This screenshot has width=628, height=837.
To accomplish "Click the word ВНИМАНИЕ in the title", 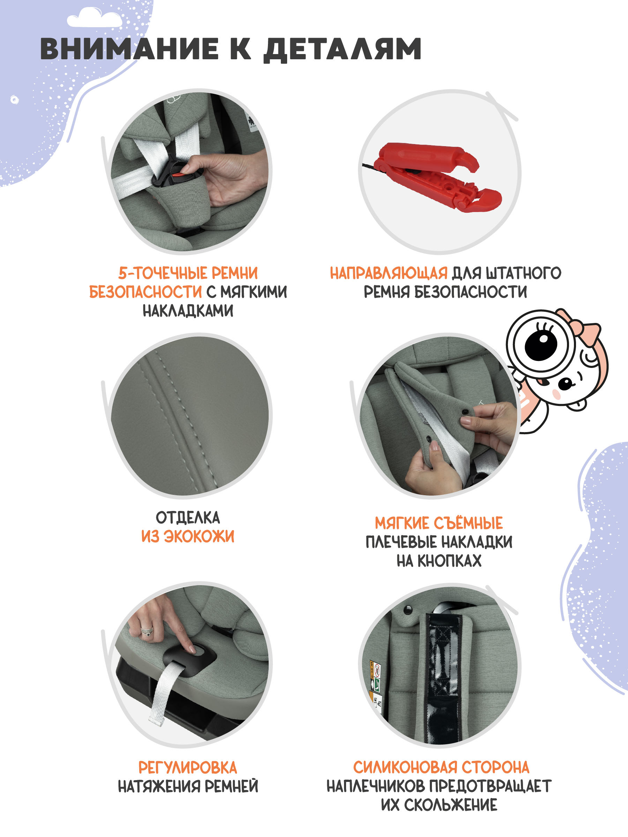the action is [129, 49].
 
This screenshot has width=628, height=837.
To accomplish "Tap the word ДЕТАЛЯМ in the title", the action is [342, 50].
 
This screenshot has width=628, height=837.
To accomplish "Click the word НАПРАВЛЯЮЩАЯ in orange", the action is [389, 273].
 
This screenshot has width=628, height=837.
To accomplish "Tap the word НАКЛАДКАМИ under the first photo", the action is [188, 311].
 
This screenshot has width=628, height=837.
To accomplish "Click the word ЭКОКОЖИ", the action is [199, 537].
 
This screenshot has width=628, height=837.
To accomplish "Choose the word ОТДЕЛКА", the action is [188, 518].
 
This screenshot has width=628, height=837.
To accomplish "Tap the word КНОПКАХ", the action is [449, 561].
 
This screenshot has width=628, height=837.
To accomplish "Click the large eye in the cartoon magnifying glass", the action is [541, 345].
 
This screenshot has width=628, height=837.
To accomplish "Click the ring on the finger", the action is [147, 631].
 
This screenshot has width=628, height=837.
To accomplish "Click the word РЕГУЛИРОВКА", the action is [188, 768].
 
